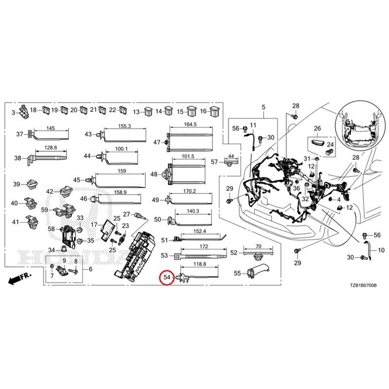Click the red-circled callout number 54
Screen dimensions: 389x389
tap(167, 277)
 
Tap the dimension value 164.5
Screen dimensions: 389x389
tap(190, 124)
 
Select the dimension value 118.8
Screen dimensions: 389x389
tap(200, 264)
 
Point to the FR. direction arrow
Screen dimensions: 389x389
tap(19, 279)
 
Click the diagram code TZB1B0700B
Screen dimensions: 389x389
tap(363, 285)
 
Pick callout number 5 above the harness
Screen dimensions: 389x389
tap(264, 107)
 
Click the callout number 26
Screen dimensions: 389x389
tap(318, 128)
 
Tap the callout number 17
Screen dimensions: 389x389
tap(94, 225)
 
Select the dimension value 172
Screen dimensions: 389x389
tap(204, 247)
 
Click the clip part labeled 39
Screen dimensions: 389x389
tap(32, 184)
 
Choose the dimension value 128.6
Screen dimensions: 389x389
tap(51, 148)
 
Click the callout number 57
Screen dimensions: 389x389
tap(214, 162)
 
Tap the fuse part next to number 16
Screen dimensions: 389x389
tap(214, 112)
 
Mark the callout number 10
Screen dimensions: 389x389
tap(381, 250)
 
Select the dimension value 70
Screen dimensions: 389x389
tap(258, 246)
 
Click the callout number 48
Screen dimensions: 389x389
tap(154, 175)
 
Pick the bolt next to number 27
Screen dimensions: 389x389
tap(140, 216)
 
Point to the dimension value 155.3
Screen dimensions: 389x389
tap(124, 126)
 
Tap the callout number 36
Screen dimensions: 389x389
tap(297, 188)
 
